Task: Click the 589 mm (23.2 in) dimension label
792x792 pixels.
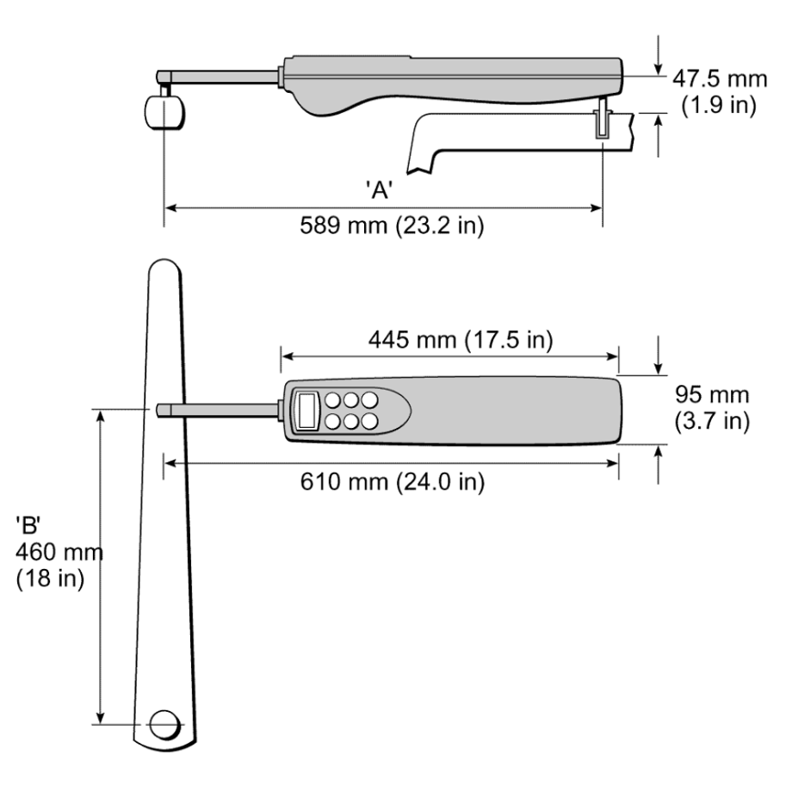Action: point(392,226)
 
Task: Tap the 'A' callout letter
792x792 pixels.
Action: point(380,190)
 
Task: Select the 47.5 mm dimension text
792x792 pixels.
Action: point(720,79)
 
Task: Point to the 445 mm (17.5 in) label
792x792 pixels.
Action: point(461,340)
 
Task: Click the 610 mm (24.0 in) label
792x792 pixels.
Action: point(393,481)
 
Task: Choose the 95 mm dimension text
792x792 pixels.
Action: point(712,394)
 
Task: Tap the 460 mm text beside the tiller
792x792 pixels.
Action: point(59,552)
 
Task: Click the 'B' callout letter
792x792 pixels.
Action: point(28,525)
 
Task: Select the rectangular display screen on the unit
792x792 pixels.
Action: point(307,411)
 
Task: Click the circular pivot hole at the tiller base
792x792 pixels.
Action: point(165,725)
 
